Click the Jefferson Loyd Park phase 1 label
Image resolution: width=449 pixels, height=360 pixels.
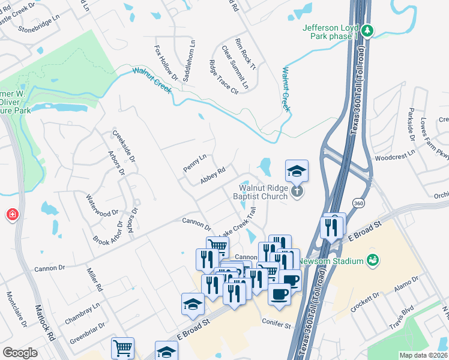[331, 32]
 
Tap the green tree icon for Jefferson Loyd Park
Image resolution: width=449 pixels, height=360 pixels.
[368, 29]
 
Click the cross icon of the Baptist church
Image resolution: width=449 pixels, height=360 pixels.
[296, 191]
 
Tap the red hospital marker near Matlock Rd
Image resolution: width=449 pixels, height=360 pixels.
[11, 215]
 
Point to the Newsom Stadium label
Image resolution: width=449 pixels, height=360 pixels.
[335, 261]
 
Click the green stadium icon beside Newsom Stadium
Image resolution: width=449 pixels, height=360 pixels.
[373, 260]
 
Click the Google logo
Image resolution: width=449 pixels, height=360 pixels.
[20, 353]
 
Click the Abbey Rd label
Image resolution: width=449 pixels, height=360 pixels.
[212, 176]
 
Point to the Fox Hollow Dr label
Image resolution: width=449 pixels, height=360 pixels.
[166, 62]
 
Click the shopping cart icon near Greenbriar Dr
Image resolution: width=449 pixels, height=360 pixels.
[122, 347]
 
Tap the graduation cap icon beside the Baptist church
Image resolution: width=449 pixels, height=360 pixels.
[297, 171]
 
